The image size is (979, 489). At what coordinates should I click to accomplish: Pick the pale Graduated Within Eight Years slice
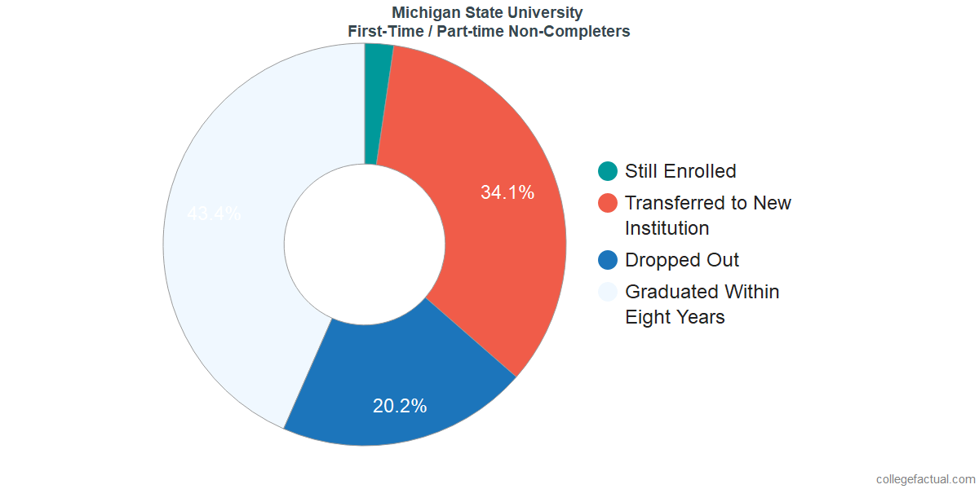point(237,269)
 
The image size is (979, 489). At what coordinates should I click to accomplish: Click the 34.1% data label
point(507,193)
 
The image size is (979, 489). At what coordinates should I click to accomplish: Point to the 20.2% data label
point(400,406)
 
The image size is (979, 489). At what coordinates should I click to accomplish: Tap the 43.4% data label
point(214,214)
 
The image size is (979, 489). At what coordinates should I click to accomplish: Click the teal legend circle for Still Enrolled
point(608,171)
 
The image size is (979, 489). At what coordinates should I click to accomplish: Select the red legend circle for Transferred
point(608,203)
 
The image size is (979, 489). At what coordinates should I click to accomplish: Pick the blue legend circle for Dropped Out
point(608,260)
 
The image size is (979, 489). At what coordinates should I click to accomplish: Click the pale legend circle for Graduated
point(608,292)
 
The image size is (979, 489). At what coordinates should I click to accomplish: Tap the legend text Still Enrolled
point(680,171)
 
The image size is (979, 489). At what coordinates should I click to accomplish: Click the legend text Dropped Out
point(682,260)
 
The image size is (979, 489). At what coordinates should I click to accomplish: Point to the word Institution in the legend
point(667,228)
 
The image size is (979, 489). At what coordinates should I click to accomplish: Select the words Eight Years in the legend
point(675,317)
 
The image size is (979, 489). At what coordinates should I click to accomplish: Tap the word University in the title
point(552,12)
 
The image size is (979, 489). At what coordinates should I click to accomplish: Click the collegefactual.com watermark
point(925,479)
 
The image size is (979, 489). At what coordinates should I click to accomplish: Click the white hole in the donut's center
point(364,244)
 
